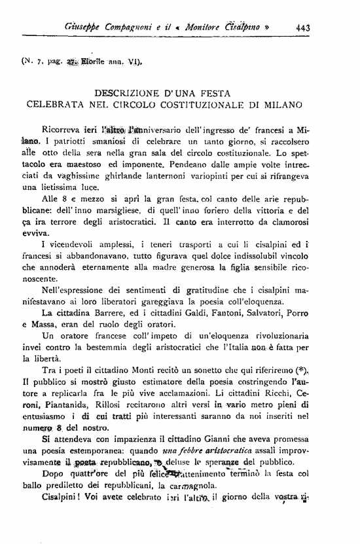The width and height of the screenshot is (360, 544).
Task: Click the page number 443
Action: click(x=303, y=28)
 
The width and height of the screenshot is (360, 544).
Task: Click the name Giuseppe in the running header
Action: click(x=86, y=28)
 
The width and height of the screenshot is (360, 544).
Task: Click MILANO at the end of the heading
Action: click(x=282, y=104)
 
